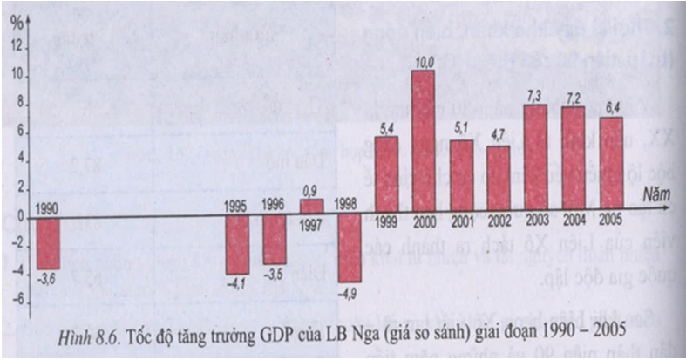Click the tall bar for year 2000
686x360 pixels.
click(x=423, y=144)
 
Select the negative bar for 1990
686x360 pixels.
click(x=48, y=243)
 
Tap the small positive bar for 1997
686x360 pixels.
click(x=311, y=207)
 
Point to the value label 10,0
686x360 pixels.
click(x=424, y=63)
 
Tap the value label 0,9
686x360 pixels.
click(x=311, y=190)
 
